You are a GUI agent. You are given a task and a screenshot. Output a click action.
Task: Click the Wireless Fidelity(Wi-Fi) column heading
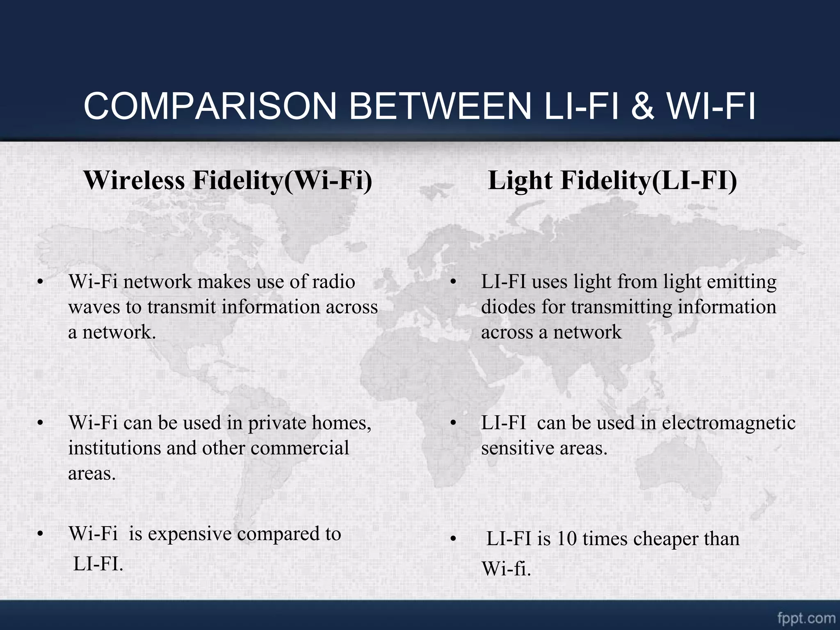pyautogui.click(x=228, y=180)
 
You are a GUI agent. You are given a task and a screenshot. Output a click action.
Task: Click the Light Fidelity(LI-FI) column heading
pyautogui.click(x=612, y=180)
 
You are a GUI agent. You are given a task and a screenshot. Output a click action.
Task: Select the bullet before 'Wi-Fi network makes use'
pyautogui.click(x=40, y=282)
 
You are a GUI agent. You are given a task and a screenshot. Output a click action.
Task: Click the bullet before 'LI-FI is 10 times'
pyautogui.click(x=453, y=539)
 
